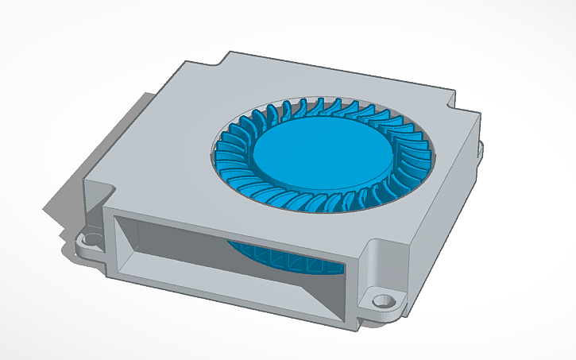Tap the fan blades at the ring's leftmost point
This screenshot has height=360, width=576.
coord(224,151)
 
